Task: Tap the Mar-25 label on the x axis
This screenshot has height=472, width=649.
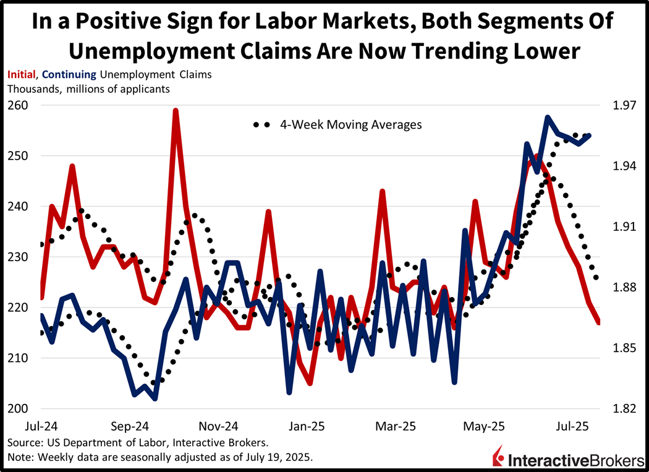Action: [396, 426]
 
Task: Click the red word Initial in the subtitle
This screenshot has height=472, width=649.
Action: [21, 75]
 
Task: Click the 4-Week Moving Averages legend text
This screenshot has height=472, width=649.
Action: [350, 124]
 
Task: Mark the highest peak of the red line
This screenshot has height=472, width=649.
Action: [176, 111]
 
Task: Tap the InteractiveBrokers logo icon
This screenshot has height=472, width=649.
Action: [498, 458]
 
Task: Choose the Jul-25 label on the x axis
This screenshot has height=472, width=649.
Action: [573, 426]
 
